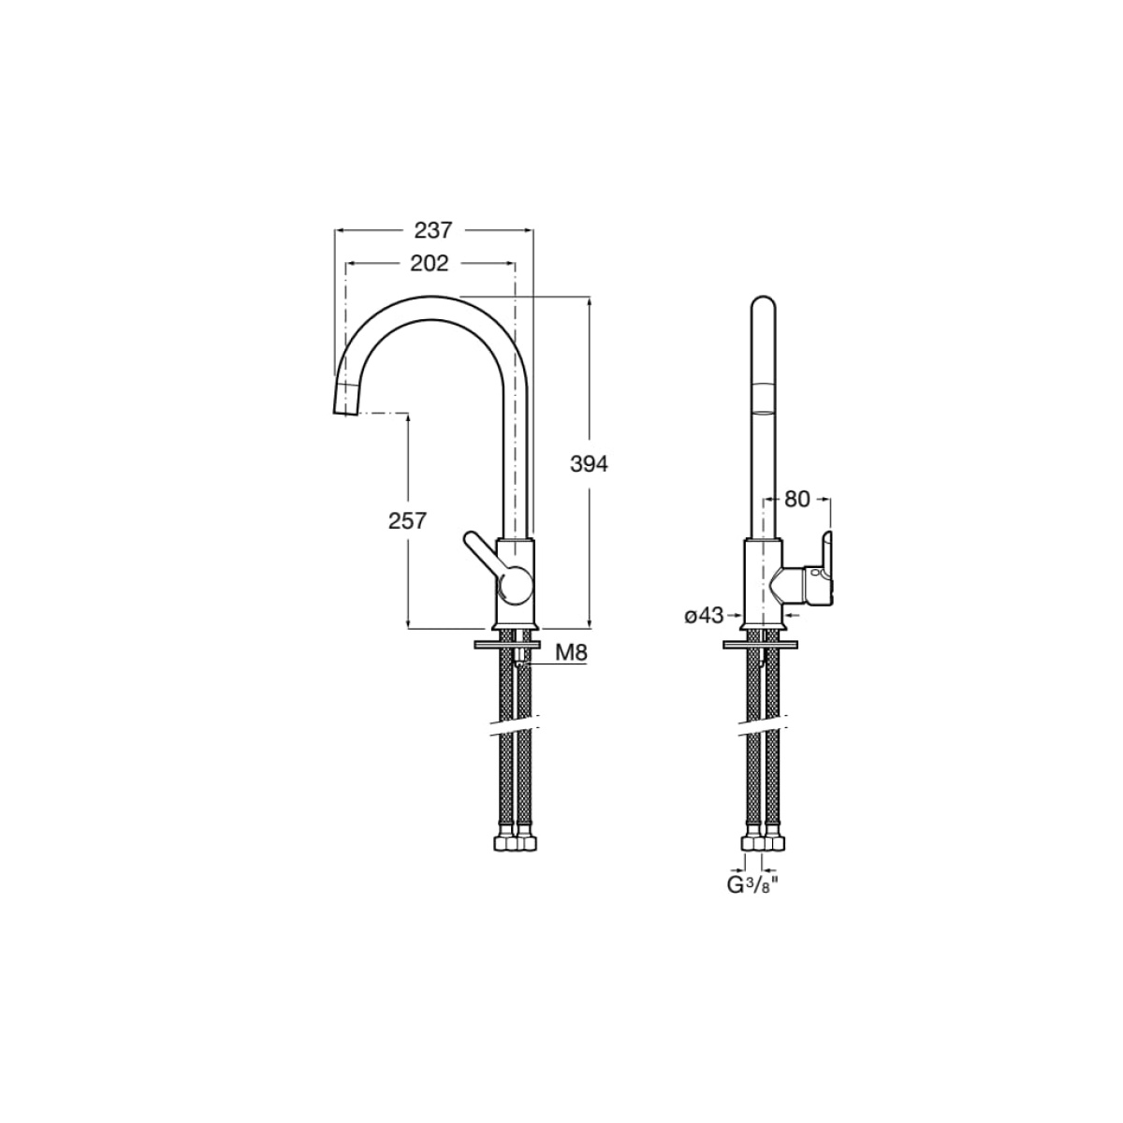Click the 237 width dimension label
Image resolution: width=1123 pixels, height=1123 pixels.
click(x=433, y=230)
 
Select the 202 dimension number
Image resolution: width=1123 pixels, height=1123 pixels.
click(x=430, y=263)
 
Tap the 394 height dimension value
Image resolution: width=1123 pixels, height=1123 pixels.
click(x=589, y=464)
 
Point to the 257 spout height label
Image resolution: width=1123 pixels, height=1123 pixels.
click(x=407, y=520)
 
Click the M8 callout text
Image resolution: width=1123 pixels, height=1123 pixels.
click(x=571, y=652)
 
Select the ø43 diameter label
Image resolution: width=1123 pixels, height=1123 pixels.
click(x=704, y=616)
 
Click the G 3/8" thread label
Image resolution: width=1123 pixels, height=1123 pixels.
click(x=753, y=885)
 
